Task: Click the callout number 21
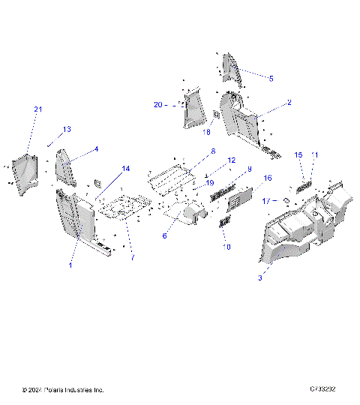[38, 110]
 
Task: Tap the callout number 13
[67, 130]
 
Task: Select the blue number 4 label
[96, 149]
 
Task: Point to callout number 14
[126, 168]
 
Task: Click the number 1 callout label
[71, 265]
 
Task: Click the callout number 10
[227, 246]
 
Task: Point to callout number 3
[259, 277]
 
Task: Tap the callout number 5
[271, 78]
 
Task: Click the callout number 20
[157, 104]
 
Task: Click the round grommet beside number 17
[286, 201]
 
